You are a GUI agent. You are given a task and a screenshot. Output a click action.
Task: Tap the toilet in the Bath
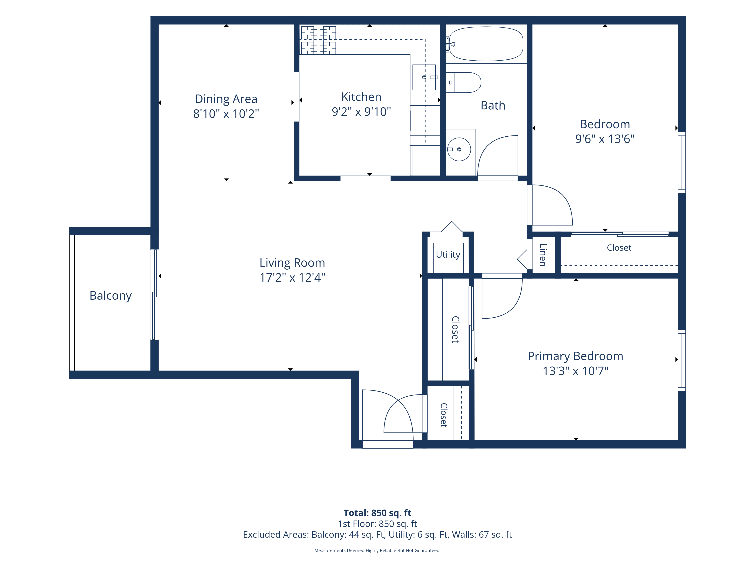click(x=463, y=82)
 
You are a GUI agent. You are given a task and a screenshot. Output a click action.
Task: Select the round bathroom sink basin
click(x=459, y=149)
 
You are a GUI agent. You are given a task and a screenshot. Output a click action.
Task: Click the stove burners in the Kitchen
click(x=318, y=40)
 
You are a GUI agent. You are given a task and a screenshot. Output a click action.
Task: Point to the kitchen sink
click(x=424, y=77)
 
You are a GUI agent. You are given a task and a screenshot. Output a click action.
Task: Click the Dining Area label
click(x=226, y=99)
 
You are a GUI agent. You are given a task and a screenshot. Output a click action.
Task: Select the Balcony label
click(x=111, y=295)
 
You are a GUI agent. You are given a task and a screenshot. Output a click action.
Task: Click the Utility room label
click(x=448, y=255)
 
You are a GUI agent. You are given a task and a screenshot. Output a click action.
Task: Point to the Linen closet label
click(x=543, y=255)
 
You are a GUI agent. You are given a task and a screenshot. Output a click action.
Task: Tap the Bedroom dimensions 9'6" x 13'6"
click(x=605, y=139)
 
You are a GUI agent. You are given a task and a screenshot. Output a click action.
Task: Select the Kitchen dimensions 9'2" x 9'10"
click(x=361, y=112)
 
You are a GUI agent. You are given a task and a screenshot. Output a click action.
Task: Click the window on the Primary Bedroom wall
click(x=682, y=360)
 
